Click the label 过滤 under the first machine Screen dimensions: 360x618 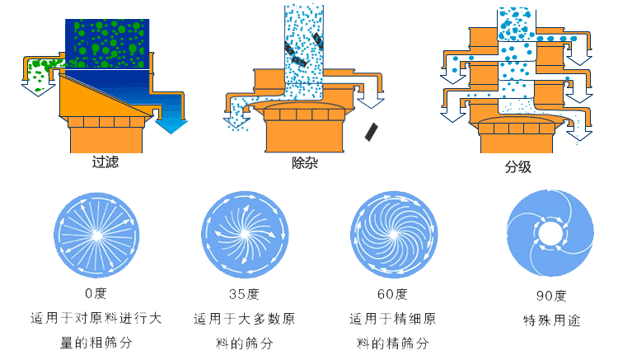pos(105,162)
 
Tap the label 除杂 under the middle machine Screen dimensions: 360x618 pos(305,163)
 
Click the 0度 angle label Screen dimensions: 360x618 pos(96,293)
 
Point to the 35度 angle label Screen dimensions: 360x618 pos(244,293)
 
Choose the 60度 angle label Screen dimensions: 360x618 pos(392,293)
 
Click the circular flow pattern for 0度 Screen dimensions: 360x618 pos(96,236)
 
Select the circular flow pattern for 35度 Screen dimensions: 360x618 pos(244,236)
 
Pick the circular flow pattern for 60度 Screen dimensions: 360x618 pos(392,236)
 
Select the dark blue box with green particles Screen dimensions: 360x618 pos(107,43)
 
